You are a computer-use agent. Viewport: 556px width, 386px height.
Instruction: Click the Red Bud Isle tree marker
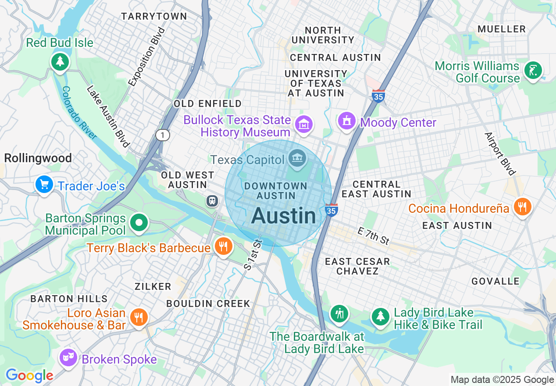60,61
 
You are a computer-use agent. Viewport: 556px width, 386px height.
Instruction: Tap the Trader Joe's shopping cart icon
44,185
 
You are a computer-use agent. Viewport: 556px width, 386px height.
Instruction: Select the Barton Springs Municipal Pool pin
139,222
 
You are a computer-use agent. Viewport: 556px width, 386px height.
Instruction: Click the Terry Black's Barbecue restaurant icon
223,247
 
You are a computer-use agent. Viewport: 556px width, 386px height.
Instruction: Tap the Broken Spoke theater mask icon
69,358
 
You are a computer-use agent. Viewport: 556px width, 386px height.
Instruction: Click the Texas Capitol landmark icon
298,160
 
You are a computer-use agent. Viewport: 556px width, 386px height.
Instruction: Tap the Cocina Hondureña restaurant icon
521,207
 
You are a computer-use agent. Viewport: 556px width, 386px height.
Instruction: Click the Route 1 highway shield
162,136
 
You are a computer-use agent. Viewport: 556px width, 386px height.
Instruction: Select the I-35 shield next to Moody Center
378,96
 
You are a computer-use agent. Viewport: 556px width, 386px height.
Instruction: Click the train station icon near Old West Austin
212,200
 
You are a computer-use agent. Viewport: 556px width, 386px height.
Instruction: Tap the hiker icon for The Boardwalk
339,314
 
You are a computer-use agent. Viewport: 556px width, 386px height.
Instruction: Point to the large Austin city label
284,216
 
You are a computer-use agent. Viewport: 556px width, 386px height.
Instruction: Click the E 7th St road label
373,236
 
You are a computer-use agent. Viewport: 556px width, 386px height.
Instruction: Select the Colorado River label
79,112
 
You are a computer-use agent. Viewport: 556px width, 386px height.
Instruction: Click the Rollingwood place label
38,158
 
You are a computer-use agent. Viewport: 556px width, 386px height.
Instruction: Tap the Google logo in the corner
29,375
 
